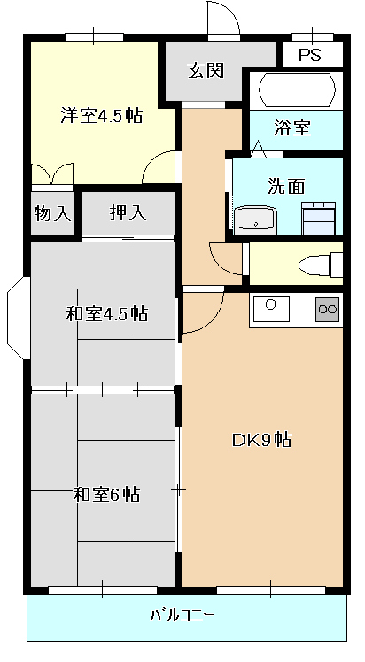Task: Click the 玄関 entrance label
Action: coord(206,71)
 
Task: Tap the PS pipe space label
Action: coord(310,55)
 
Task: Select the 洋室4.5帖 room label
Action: coord(101,115)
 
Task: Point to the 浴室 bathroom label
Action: coord(292,127)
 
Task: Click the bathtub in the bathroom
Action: coord(297,90)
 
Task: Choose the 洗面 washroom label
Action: coord(286,186)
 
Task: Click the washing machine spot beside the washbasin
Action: coord(319,219)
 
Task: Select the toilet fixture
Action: coord(321,265)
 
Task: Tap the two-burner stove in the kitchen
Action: coord(328,310)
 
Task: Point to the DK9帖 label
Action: coord(261,440)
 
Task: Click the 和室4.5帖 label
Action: coord(107,314)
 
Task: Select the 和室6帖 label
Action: coord(107,494)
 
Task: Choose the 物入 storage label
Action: coord(52,213)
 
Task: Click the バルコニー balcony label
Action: coord(182,615)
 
